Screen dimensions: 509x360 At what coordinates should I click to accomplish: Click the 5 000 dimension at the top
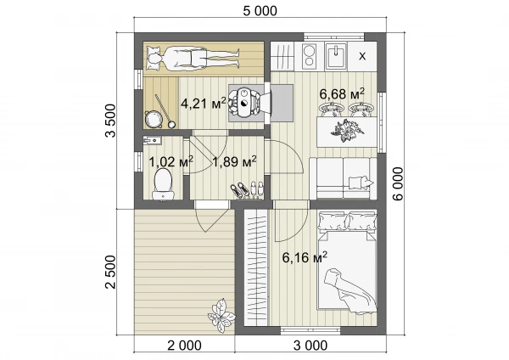260,11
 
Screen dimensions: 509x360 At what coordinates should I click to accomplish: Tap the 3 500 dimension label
110,121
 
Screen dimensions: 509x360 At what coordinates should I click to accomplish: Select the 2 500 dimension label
110,272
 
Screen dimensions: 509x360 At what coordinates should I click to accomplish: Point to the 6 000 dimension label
399,183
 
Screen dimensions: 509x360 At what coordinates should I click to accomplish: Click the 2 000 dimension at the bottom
184,346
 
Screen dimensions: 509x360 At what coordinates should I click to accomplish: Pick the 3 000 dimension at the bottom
310,346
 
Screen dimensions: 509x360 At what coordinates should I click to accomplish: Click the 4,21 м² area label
204,104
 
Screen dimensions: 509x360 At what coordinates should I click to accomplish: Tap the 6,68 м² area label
342,93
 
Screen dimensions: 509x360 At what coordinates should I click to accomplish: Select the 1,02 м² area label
171,161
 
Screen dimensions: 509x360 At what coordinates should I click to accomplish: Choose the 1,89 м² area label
234,161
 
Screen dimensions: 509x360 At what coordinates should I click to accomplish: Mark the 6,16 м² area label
305,257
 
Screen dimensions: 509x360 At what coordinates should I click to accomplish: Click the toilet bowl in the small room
163,184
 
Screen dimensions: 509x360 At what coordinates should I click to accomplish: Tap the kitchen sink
336,56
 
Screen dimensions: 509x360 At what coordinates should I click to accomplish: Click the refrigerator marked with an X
362,56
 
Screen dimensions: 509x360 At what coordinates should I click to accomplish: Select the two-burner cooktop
310,55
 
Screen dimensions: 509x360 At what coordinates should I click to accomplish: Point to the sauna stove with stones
244,103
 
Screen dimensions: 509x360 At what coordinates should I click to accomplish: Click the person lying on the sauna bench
193,59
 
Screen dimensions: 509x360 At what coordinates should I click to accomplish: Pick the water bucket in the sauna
152,119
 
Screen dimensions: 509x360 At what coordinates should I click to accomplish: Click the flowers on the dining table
347,130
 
